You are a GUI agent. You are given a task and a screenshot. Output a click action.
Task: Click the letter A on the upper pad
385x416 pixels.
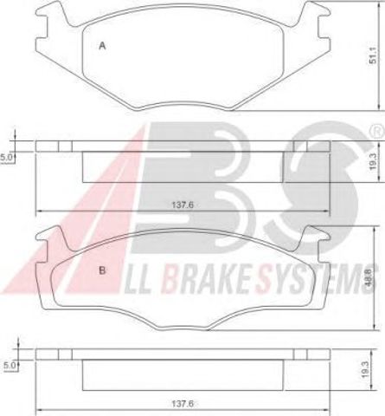(102, 46)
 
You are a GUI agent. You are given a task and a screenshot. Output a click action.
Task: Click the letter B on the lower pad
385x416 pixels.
(102, 270)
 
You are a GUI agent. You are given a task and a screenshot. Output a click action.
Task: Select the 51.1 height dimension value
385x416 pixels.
(373, 55)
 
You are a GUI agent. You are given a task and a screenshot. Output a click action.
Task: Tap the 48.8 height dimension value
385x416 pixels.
(371, 277)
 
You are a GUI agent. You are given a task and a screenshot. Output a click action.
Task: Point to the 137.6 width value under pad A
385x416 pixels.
(183, 205)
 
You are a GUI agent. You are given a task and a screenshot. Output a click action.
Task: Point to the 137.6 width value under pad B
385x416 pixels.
(183, 403)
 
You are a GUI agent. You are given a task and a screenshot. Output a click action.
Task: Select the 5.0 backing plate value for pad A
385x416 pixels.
(6, 158)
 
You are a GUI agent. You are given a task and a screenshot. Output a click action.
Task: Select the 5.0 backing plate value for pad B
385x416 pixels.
(10, 365)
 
